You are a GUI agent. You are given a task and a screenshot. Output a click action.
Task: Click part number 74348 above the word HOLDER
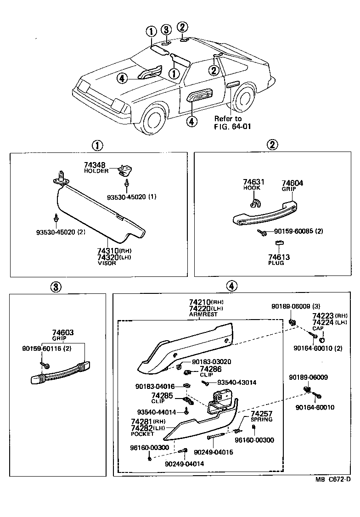[95, 165]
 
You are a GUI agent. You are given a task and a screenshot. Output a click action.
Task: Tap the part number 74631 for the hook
[252, 182]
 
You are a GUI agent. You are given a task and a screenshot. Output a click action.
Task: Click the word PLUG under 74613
[276, 263]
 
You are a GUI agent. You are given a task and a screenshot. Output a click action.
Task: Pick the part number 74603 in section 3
[63, 332]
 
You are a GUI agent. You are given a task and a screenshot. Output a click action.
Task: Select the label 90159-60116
[40, 349]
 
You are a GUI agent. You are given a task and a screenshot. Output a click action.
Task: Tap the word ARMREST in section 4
[200, 315]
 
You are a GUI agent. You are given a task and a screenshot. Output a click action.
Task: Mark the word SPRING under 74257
[261, 420]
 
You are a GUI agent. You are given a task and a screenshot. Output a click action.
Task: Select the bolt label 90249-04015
[214, 452]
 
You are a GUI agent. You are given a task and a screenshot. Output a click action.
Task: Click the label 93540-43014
[237, 382]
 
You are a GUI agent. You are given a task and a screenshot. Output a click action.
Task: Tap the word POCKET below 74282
[142, 434]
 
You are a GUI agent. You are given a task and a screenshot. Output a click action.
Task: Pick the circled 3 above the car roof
[166, 30]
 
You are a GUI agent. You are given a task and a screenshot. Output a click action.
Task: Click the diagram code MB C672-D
[333, 479]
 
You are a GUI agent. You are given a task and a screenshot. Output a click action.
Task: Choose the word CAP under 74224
[318, 329]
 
